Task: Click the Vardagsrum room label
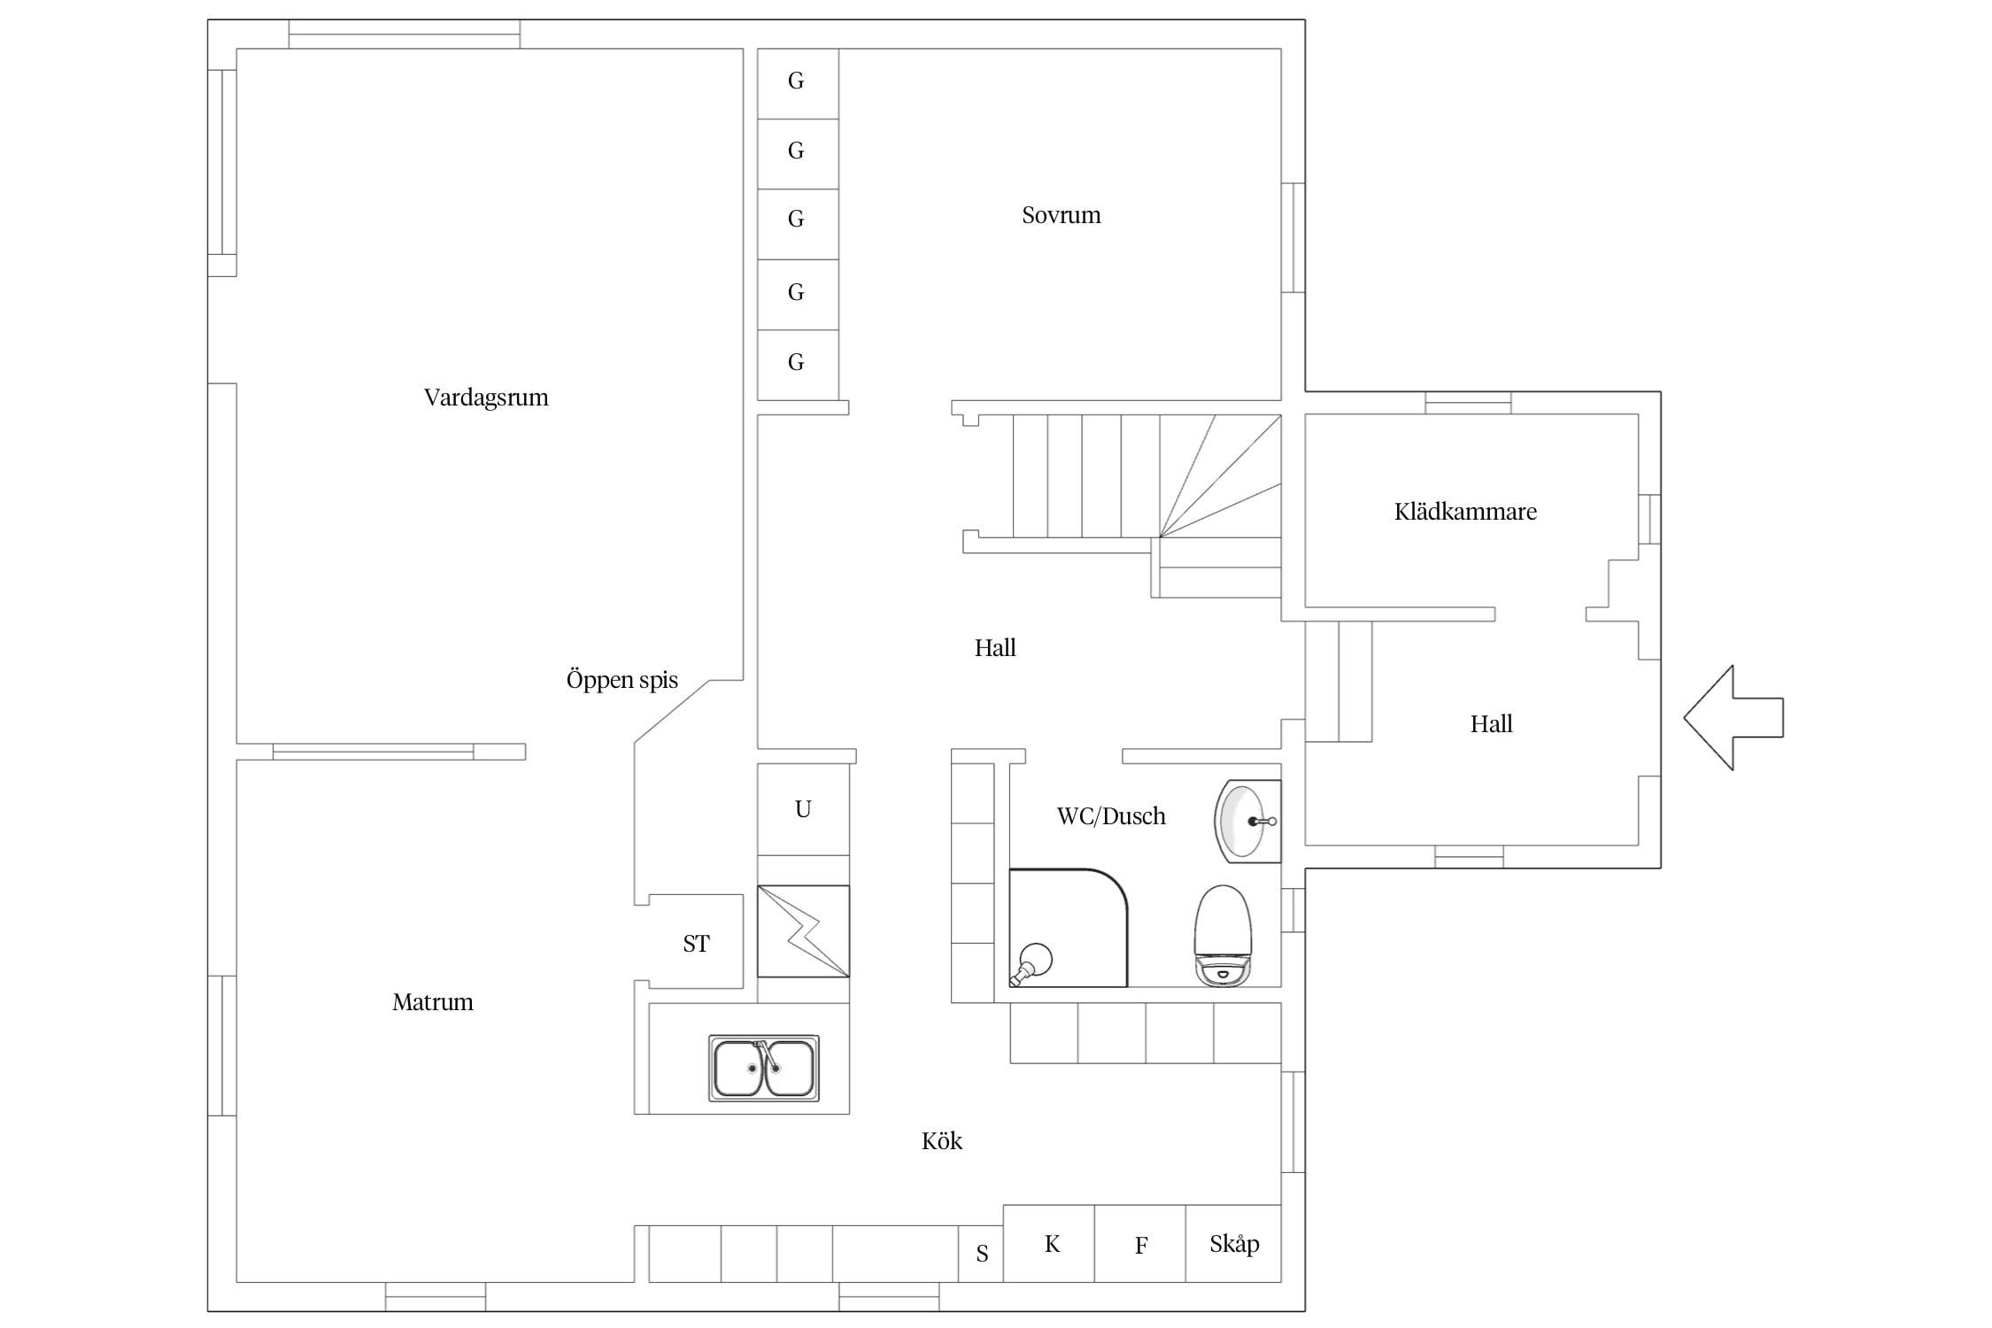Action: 486,398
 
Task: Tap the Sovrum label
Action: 1062,215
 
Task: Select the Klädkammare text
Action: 1465,512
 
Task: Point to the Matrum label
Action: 433,1002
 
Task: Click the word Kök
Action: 942,1141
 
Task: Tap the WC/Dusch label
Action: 1111,816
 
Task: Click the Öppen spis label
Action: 622,680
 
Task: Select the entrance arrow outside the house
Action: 1733,717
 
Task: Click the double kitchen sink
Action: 764,1068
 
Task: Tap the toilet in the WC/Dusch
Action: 1223,936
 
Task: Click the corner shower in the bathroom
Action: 1068,928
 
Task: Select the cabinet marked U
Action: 803,809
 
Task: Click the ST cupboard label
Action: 696,944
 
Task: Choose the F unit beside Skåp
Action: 1140,1244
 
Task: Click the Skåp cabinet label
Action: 1234,1244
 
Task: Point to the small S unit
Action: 981,1254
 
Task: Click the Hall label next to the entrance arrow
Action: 1492,724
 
